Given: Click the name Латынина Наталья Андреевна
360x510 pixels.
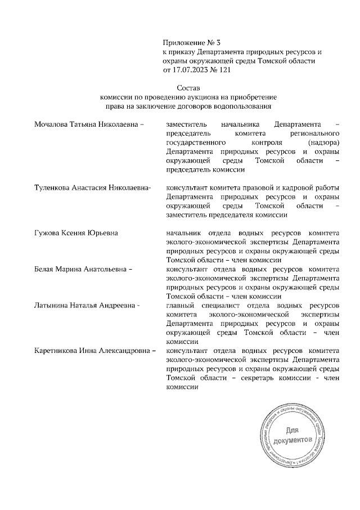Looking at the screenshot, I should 86,306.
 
